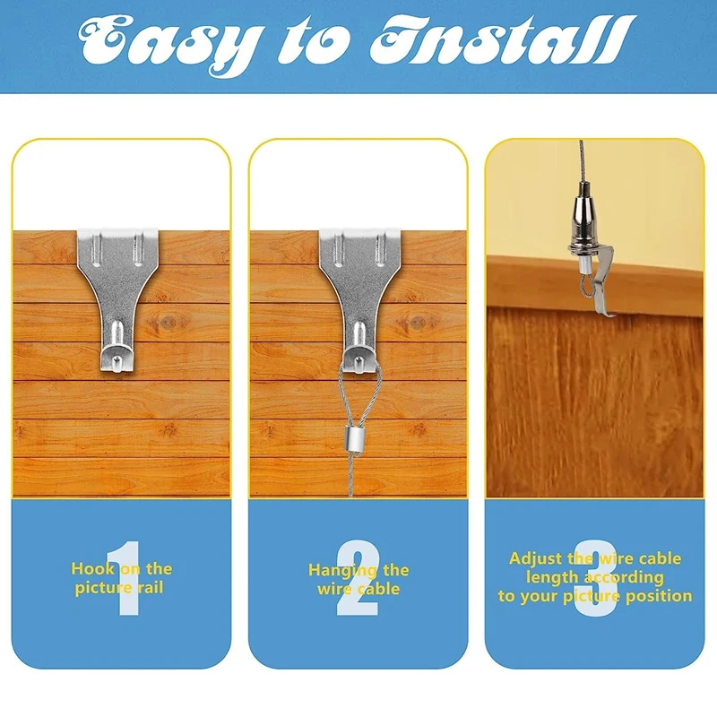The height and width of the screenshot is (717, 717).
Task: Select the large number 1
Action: point(122,578)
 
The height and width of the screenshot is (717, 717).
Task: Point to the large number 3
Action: point(594,578)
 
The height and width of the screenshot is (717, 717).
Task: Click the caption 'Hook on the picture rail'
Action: point(122,578)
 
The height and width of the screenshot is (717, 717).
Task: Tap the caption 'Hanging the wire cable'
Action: point(358,579)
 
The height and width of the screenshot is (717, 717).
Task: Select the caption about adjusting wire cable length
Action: point(595,577)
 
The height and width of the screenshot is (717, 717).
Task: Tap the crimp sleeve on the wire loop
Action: point(356,442)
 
